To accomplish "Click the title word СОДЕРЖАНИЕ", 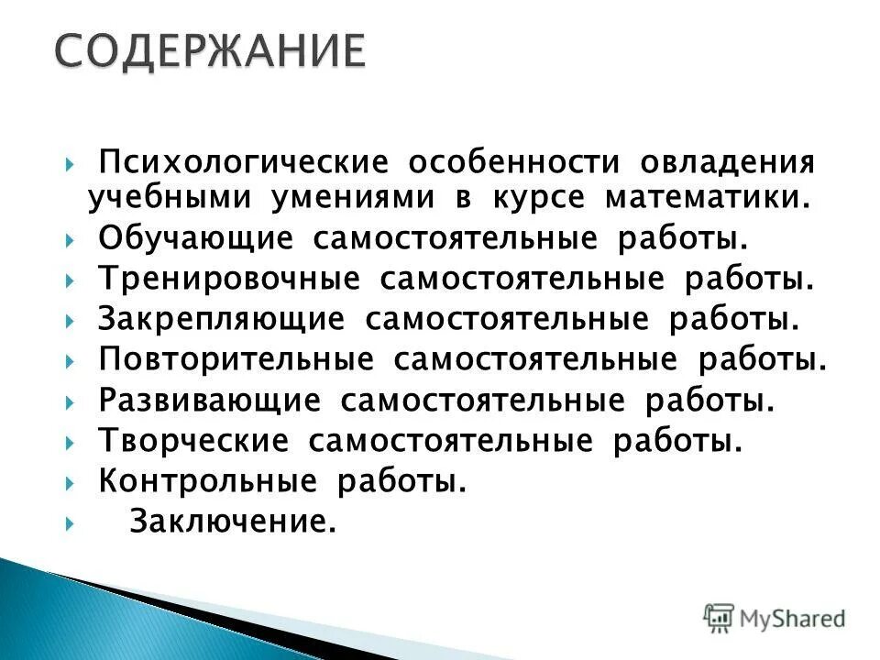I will (x=208, y=52).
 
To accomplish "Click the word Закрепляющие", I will (x=221, y=319).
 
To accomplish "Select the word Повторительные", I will (x=236, y=358).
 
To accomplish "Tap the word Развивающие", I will (x=209, y=400).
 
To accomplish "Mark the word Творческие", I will (x=193, y=441).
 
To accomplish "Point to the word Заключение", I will (x=229, y=522).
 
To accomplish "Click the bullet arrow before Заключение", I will (x=71, y=522).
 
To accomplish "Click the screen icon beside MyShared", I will (x=719, y=618).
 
